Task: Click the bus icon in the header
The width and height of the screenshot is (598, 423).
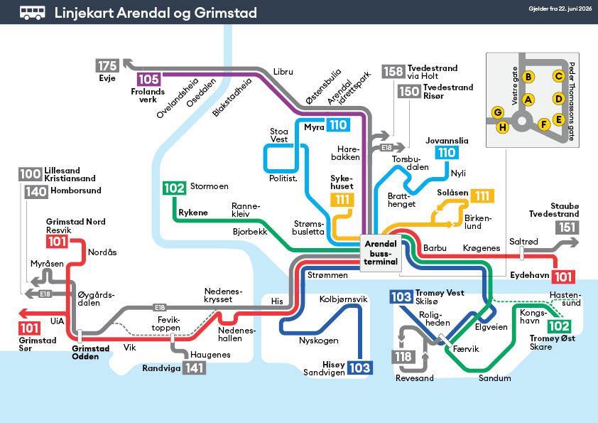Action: pyautogui.click(x=33, y=13)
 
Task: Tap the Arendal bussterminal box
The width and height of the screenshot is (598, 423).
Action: pyautogui.click(x=380, y=252)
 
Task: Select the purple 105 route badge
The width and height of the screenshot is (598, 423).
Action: pyautogui.click(x=148, y=79)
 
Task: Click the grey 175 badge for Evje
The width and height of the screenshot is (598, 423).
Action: pyautogui.click(x=107, y=65)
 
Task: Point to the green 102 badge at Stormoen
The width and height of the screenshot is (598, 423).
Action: pyautogui.click(x=174, y=188)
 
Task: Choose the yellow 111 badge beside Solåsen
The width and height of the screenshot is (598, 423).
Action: pyautogui.click(x=482, y=196)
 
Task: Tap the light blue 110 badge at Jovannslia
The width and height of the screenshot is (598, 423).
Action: pyautogui.click(x=447, y=153)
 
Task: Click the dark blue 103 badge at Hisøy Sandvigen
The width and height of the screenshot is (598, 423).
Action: pyautogui.click(x=359, y=368)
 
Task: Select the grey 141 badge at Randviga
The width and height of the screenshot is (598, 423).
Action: pyautogui.click(x=194, y=368)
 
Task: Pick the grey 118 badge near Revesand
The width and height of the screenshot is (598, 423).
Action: pyautogui.click(x=403, y=357)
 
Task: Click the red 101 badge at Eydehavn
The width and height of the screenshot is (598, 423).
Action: pyautogui.click(x=563, y=277)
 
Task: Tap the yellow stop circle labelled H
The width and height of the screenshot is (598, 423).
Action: pyautogui.click(x=503, y=127)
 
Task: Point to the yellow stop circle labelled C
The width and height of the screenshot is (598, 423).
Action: pyautogui.click(x=559, y=76)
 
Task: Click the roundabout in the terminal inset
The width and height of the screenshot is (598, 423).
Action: pyautogui.click(x=522, y=122)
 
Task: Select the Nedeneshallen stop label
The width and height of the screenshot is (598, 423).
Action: pyautogui.click(x=230, y=334)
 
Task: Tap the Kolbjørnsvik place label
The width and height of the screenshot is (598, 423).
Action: pyautogui.click(x=343, y=299)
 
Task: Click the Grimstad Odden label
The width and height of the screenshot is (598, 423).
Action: pyautogui.click(x=85, y=353)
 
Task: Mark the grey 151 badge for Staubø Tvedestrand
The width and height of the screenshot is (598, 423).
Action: pyautogui.click(x=567, y=227)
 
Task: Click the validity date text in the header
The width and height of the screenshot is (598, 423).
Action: pyautogui.click(x=560, y=9)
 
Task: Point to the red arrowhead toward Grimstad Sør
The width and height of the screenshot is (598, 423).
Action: pyautogui.click(x=23, y=314)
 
